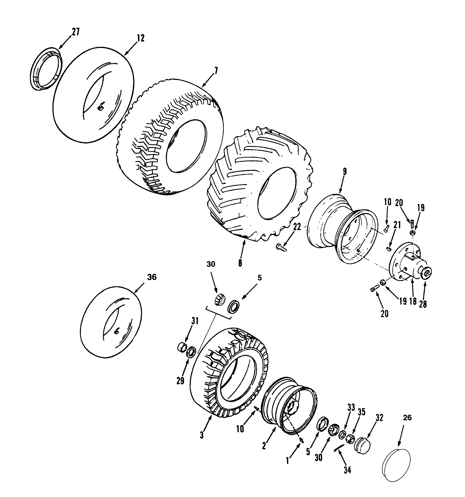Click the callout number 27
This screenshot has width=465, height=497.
click(x=75, y=32)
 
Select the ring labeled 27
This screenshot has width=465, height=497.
click(x=46, y=69)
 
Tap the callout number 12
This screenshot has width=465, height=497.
click(x=141, y=38)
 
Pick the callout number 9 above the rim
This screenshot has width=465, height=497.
click(x=345, y=171)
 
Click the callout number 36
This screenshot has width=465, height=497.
click(x=152, y=277)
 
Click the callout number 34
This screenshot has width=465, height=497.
click(x=347, y=470)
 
